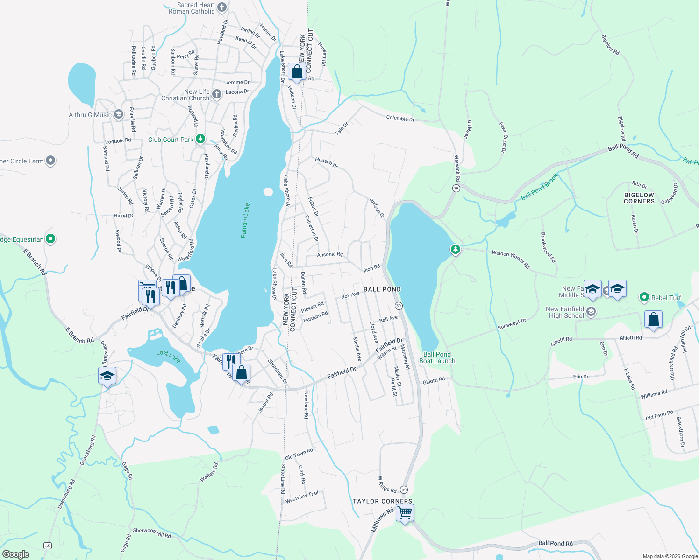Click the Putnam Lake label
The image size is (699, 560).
245,221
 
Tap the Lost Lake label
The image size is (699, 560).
168,356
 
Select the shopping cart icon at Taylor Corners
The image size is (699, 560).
405,513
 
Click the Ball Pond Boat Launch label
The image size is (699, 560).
437,357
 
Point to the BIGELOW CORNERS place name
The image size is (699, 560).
639,198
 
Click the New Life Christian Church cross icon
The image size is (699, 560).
216,94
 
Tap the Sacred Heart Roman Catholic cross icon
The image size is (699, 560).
222,7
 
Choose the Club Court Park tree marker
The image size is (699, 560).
200,139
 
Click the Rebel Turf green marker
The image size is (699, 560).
644,297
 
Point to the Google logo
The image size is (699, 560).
15,554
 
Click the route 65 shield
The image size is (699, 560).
47,546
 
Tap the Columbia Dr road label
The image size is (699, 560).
400,119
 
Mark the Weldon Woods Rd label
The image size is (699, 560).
511,259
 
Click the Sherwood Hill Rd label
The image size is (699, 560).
152,532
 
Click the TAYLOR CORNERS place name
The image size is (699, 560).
382,501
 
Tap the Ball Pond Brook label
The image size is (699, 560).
539,187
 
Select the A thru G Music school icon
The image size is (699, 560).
119,114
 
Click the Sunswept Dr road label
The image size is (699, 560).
512,324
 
